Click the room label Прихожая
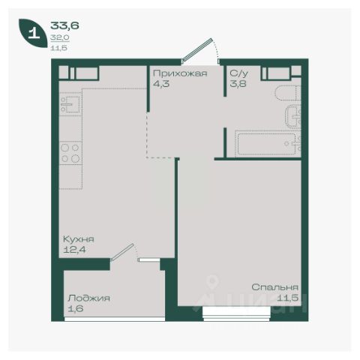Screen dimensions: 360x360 tap(180, 73)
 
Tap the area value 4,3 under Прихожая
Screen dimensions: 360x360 tap(161, 84)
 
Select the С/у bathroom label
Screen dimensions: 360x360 tap(239, 73)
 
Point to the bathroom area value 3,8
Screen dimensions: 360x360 tap(238, 84)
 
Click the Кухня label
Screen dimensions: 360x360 tap(79, 239)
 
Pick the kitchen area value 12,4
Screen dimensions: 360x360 tap(74, 250)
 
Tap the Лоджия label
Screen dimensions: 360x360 tap(88, 298)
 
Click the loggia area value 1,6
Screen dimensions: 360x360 tap(76, 308)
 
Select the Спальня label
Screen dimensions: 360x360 tap(275, 287)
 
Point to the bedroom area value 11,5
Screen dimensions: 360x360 tap(288, 298)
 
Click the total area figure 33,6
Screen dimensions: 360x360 tap(64, 25)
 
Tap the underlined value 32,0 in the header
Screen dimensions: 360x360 tap(60, 37)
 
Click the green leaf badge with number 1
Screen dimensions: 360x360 tap(33, 33)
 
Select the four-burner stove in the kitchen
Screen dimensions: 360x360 tap(70, 153)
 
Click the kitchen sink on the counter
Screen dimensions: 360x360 tap(70, 104)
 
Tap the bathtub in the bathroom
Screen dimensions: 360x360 tap(268, 144)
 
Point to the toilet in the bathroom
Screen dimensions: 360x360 tap(287, 93)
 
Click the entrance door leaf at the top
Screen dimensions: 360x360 tap(196, 49)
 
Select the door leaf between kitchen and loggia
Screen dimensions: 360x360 tap(122, 253)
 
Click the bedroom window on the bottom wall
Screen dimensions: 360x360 tap(236, 313)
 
